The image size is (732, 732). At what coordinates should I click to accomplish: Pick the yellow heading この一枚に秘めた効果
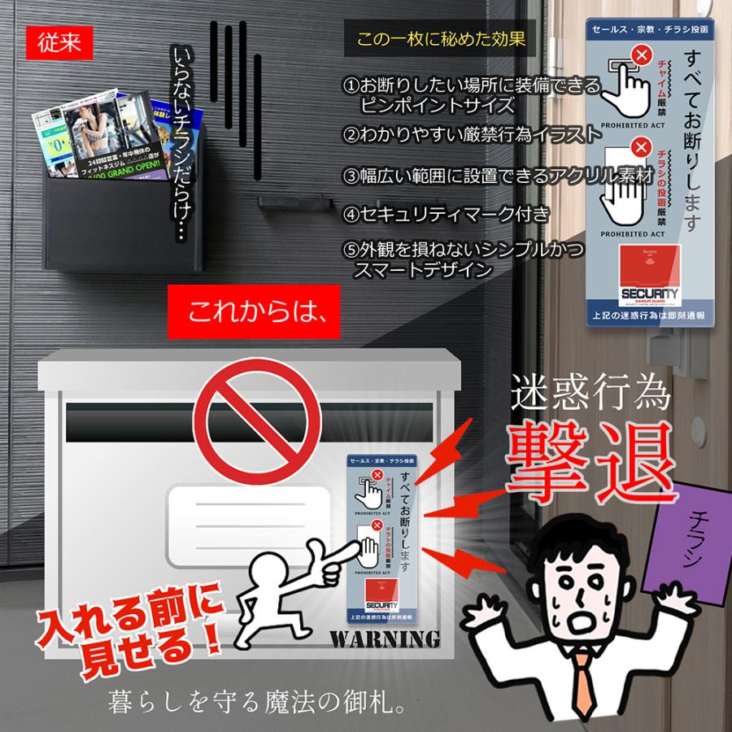pos(441,39)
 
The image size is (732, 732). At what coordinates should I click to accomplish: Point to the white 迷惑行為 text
pos(590,395)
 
